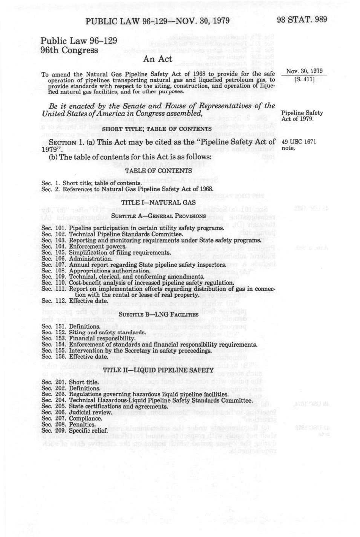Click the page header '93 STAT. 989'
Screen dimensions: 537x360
(x=302, y=20)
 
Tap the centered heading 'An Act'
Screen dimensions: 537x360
(x=158, y=59)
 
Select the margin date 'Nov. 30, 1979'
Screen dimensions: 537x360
(x=304, y=71)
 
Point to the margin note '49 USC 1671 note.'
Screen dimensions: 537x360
(x=299, y=145)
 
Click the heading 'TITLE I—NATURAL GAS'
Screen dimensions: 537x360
(x=158, y=202)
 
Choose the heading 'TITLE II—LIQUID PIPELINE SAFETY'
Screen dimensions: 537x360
(x=158, y=370)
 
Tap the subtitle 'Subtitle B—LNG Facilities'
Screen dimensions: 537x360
(x=159, y=314)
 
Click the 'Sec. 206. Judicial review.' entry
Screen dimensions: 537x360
(x=77, y=413)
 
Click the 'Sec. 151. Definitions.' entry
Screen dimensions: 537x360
(x=71, y=326)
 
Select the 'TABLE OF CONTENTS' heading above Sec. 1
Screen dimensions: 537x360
(x=158, y=171)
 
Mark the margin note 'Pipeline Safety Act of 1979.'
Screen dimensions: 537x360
(x=302, y=116)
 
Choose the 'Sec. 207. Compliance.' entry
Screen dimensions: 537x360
(x=72, y=419)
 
